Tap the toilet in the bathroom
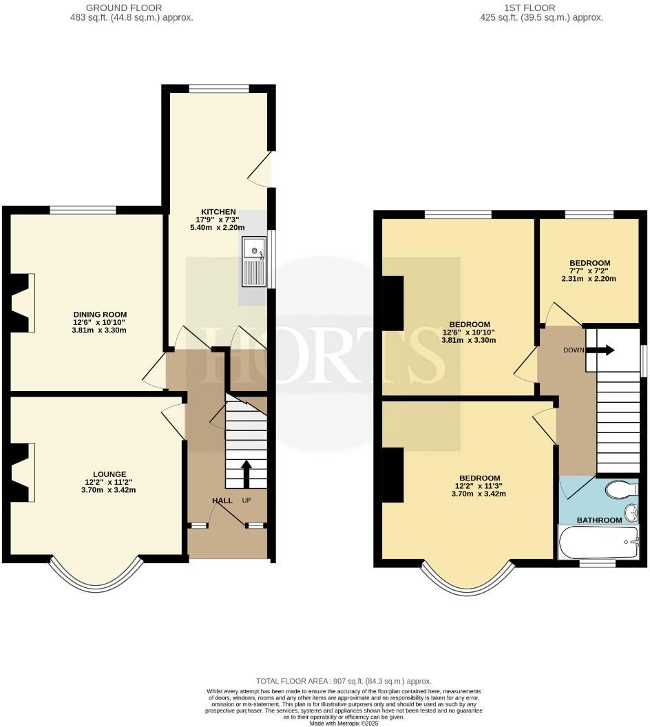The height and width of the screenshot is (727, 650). [618, 489]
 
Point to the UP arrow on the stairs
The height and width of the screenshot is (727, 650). [246, 474]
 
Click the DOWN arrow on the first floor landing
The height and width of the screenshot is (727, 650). [605, 350]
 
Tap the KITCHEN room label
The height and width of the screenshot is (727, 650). [218, 211]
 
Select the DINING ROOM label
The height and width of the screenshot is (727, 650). [101, 315]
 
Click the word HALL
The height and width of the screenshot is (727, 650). [222, 501]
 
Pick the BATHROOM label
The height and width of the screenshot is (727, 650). [599, 520]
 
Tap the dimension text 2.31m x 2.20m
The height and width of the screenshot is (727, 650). [589, 279]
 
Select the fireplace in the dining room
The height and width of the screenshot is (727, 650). [21, 303]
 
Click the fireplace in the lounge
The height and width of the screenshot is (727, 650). [21, 472]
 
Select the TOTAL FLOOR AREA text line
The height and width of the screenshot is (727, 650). [344, 680]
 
